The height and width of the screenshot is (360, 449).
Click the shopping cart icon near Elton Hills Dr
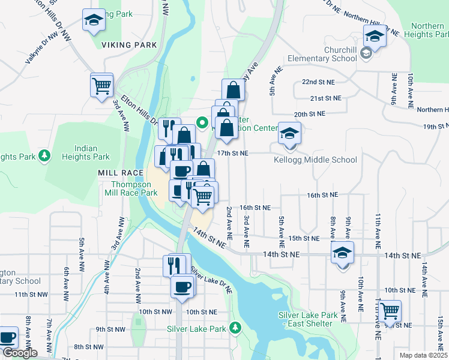pyautogui.click(x=101, y=85)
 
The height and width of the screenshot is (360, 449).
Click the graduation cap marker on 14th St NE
pyautogui.click(x=342, y=253)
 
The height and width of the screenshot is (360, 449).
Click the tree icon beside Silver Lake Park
pyautogui.click(x=236, y=328)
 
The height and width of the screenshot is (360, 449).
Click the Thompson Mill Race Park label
pyautogui.click(x=133, y=188)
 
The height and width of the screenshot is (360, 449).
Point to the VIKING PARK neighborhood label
pyautogui.click(x=128, y=45)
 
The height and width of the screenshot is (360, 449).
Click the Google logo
pyautogui.click(x=19, y=353)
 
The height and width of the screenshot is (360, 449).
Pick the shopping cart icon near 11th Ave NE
pyautogui.click(x=390, y=311)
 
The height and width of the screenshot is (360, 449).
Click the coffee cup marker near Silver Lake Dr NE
pyautogui.click(x=182, y=286)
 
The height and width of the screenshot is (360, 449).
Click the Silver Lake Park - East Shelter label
pyautogui.click(x=305, y=319)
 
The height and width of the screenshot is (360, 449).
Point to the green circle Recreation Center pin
pyautogui.click(x=203, y=124)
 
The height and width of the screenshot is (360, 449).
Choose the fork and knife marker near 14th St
pyautogui.click(x=175, y=265)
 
